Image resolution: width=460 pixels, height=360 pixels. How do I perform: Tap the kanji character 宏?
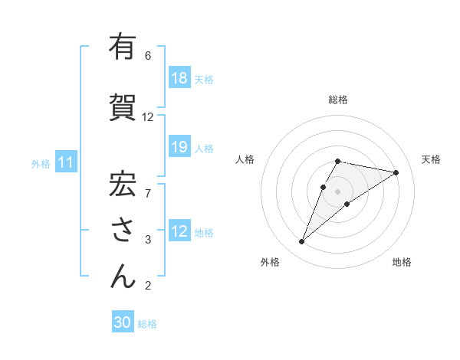pyautogui.click(x=122, y=181)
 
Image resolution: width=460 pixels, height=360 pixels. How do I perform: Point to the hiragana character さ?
pyautogui.click(x=122, y=229)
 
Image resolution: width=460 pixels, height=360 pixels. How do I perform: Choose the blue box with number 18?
pyautogui.click(x=179, y=78)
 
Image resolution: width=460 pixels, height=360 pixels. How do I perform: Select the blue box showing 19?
pyautogui.click(x=179, y=148)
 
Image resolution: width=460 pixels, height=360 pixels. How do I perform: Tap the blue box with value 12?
pyautogui.click(x=179, y=232)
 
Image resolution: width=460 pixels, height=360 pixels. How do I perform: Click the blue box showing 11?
pyautogui.click(x=66, y=163)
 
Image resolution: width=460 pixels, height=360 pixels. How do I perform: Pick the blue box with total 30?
pyautogui.click(x=123, y=323)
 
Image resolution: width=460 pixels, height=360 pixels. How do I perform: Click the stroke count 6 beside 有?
pyautogui.click(x=148, y=56)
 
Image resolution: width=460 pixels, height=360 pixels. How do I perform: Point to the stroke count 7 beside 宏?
pyautogui.click(x=148, y=185)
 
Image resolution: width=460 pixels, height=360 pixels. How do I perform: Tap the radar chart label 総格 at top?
pyautogui.click(x=338, y=100)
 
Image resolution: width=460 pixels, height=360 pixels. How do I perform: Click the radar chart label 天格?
pyautogui.click(x=431, y=159)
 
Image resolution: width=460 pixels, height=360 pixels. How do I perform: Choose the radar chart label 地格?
pyautogui.click(x=402, y=262)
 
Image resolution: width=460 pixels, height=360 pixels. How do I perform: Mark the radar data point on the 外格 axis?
pyautogui.click(x=301, y=242)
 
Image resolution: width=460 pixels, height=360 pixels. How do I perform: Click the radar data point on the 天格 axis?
pyautogui.click(x=396, y=172)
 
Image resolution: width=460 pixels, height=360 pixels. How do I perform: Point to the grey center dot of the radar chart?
pyautogui.click(x=337, y=191)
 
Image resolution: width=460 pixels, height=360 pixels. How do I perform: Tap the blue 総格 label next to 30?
pyautogui.click(x=147, y=324)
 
